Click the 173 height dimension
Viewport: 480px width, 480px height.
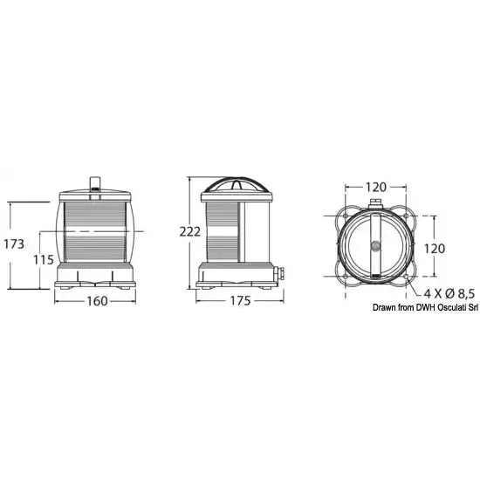pos(14,244)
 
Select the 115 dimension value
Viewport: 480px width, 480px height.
pos(43,260)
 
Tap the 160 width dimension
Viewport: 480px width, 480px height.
pos(97,301)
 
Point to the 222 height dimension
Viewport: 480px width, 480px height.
pos(189,232)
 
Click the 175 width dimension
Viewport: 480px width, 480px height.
pos(240,301)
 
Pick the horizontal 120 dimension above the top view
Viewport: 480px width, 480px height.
pos(376,187)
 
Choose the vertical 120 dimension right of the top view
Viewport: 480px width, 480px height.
pos(435,249)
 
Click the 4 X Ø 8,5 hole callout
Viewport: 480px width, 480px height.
pos(449,294)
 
